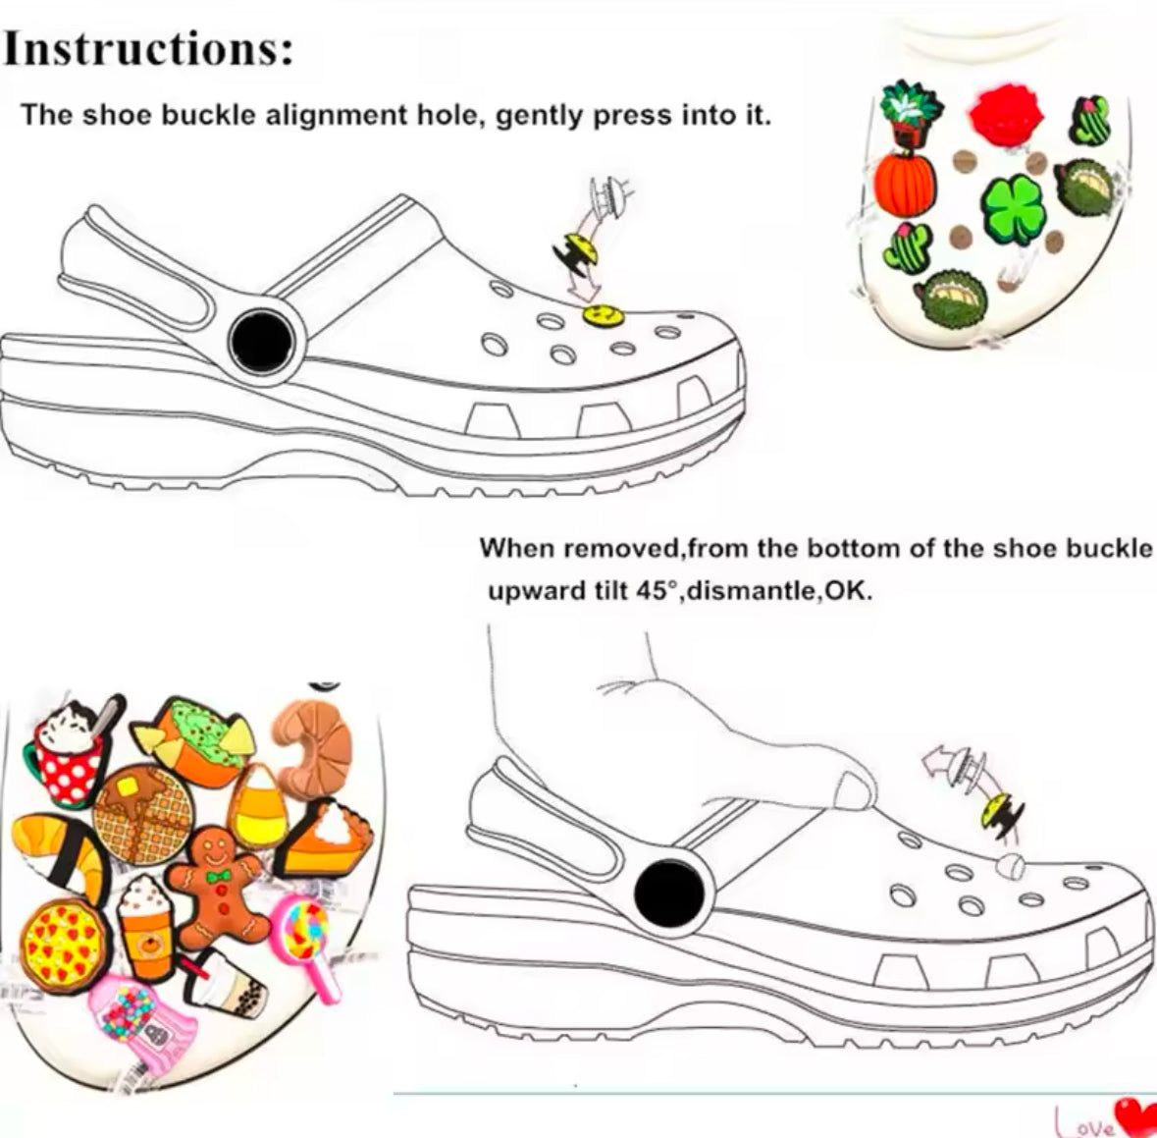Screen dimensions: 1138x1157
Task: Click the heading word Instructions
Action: (149, 49)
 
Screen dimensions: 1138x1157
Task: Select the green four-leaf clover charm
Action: (1016, 203)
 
